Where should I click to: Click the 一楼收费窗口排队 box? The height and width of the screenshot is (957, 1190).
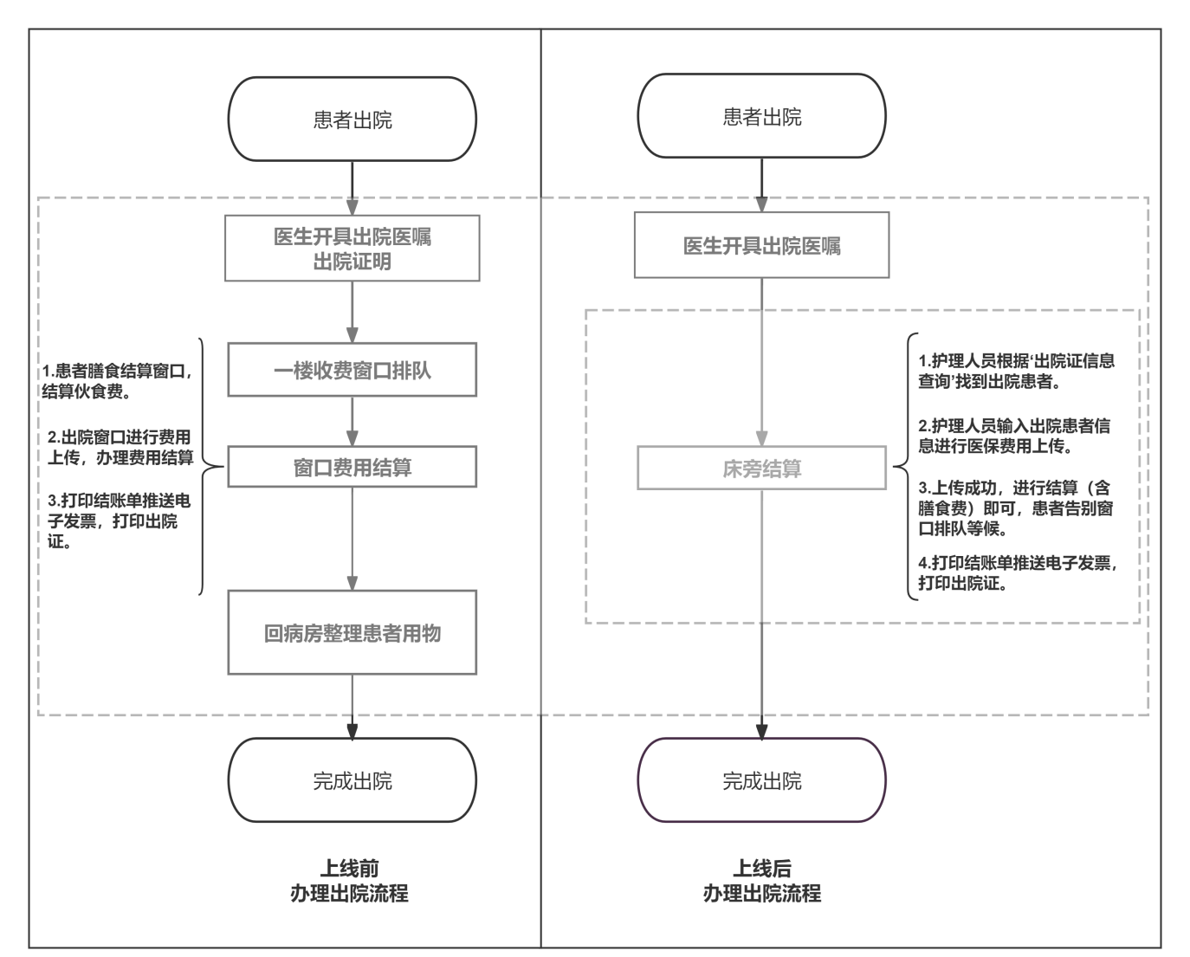352,371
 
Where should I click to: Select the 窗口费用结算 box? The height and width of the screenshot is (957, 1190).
352,468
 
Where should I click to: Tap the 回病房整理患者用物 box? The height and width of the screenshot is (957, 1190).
352,633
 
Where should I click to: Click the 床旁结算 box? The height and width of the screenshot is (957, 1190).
761,469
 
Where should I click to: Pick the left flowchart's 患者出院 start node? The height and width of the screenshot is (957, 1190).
352,120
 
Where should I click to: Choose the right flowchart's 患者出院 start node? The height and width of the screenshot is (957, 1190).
761,116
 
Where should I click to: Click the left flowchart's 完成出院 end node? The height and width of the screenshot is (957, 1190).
352,780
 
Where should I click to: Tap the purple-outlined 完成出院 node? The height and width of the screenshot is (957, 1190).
761,780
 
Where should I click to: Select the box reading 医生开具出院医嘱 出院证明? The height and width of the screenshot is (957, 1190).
352,249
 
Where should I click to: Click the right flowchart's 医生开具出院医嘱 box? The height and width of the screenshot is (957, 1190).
761,246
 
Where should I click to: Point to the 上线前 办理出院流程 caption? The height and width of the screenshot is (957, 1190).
349,881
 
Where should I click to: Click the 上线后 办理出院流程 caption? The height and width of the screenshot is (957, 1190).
761,881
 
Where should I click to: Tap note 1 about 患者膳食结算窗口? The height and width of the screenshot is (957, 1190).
116,381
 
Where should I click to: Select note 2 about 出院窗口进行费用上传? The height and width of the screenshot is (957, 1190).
120,447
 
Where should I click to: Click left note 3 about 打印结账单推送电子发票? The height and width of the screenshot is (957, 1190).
118,521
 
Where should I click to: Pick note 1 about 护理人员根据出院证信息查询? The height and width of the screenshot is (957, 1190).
1016,371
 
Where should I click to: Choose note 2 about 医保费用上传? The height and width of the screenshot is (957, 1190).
1013,436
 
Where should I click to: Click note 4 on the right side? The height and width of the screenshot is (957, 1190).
1017,572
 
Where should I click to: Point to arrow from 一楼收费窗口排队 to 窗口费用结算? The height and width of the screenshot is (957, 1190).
352,421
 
